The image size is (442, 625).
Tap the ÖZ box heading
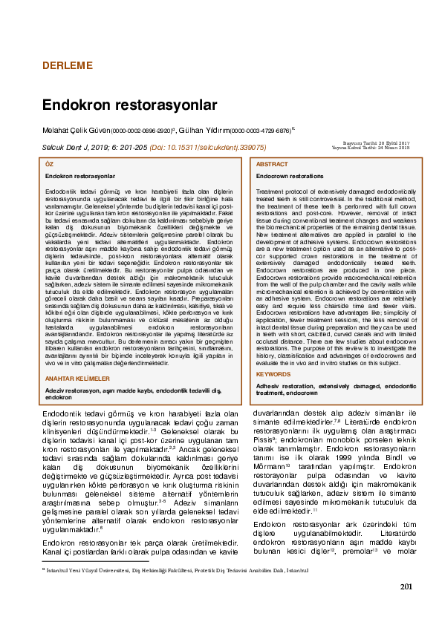[49, 163]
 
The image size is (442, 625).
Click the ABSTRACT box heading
[272, 163]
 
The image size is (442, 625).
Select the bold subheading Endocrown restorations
[290, 176]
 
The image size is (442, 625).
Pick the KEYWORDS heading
[273, 374]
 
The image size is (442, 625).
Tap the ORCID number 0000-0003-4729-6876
[260, 130]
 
